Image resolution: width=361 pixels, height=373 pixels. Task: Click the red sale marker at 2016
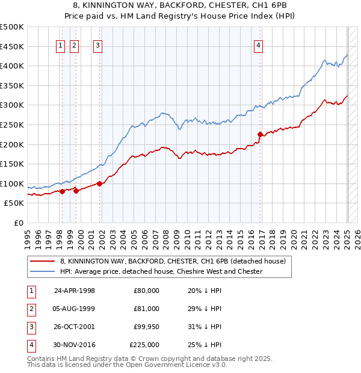point(260,134)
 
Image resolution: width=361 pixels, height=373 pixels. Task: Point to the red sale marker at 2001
point(99,183)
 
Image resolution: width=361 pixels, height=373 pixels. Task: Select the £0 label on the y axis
point(19,223)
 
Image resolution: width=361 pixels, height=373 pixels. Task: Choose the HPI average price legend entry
point(161,271)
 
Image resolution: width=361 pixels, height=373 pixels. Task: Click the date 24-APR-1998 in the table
point(75,291)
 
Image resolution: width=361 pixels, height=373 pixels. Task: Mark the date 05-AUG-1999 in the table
point(75,309)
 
